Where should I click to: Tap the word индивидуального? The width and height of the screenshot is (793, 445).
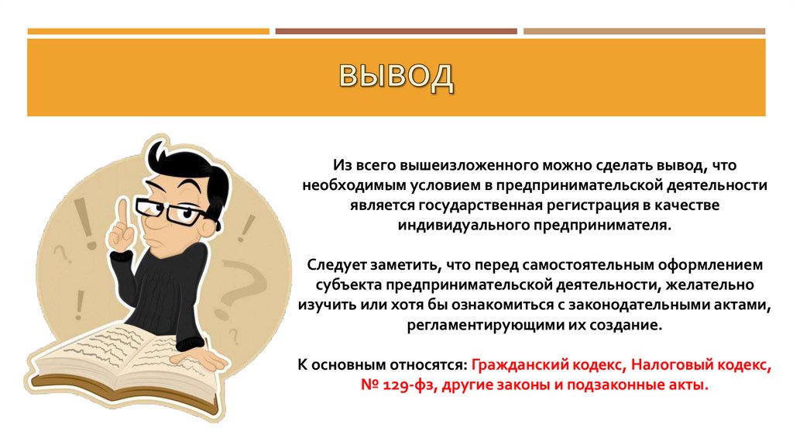[462, 225]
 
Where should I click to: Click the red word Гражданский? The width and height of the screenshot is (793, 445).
[517, 364]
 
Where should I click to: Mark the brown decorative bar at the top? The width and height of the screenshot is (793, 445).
[396, 32]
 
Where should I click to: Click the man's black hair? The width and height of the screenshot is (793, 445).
[197, 167]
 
